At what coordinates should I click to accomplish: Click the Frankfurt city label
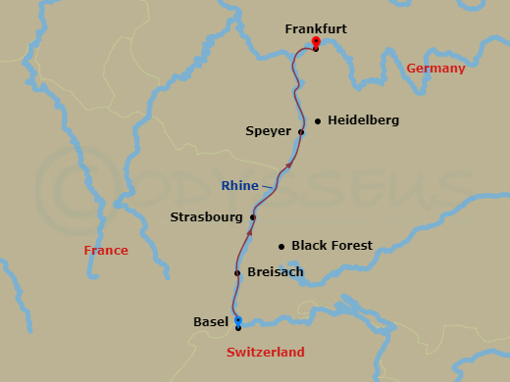(x=316, y=29)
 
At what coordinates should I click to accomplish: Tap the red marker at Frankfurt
(x=315, y=42)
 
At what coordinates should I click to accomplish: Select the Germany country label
(x=435, y=68)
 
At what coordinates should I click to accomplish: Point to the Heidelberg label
(x=363, y=119)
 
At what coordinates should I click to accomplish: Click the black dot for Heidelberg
(x=318, y=121)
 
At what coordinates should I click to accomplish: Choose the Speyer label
(x=269, y=130)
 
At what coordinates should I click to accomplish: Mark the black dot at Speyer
(x=301, y=132)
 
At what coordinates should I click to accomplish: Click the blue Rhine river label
(x=240, y=185)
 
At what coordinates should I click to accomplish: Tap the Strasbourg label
(x=207, y=216)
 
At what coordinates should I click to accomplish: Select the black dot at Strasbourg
(x=253, y=217)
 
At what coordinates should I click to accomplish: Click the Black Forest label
(x=331, y=245)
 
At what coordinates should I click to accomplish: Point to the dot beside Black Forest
(x=281, y=247)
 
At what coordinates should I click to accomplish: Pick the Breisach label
(x=276, y=271)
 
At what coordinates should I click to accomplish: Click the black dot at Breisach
(x=237, y=273)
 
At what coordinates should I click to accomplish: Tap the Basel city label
(x=211, y=320)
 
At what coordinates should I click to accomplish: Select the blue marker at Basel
(x=237, y=320)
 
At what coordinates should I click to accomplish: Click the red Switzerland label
(x=265, y=352)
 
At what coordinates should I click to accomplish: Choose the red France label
(x=106, y=250)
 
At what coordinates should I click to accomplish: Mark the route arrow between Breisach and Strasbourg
(x=248, y=237)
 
